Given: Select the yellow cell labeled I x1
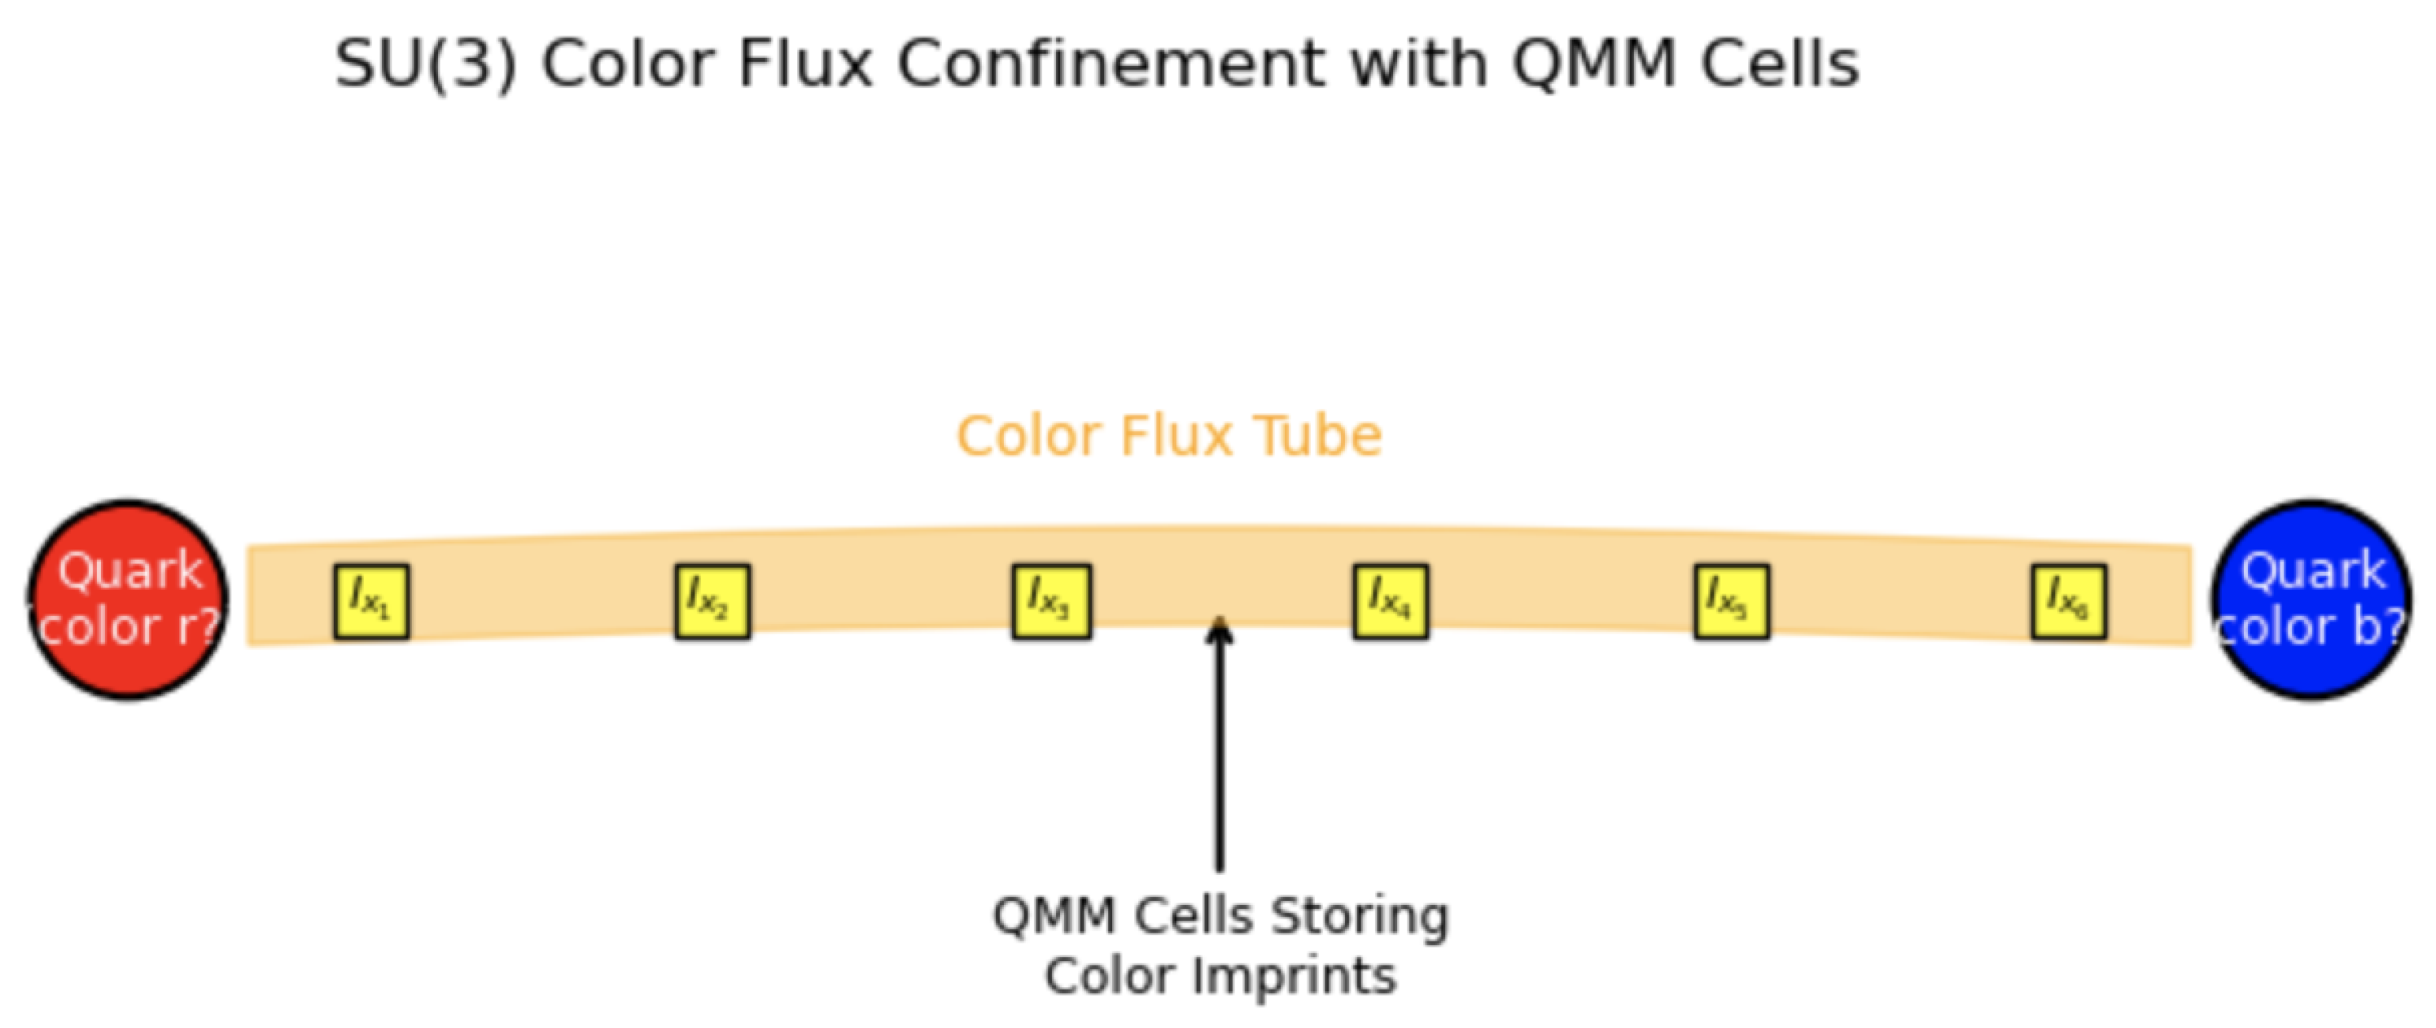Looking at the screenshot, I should [370, 601].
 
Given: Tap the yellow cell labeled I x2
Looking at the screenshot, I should [712, 601].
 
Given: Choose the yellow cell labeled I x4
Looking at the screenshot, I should [1390, 601].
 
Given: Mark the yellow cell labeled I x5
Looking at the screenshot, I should [1731, 601].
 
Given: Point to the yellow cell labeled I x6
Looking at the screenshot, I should [2069, 601].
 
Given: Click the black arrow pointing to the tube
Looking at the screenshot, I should [1220, 747].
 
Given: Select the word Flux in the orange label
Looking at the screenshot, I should [1176, 437].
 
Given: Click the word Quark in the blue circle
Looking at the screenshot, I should [2312, 571].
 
